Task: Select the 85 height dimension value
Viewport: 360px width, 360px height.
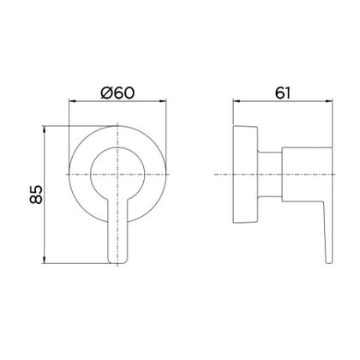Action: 34,195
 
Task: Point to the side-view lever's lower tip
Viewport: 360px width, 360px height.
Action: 327,257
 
